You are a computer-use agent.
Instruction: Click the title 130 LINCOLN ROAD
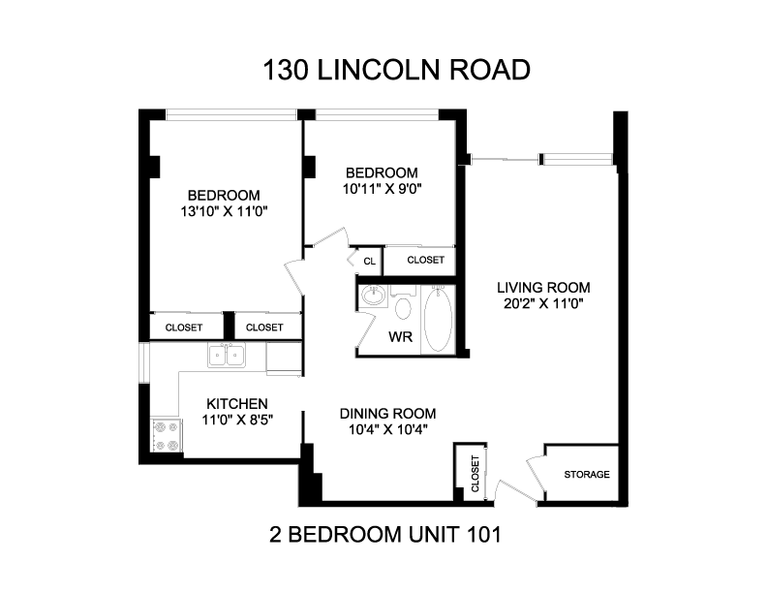tap(397, 70)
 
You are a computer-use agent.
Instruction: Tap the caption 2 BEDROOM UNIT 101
tap(385, 534)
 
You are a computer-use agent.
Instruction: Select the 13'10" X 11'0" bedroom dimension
tap(224, 211)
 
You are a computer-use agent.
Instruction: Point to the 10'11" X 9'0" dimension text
tap(382, 189)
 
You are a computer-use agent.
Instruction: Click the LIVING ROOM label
tap(543, 287)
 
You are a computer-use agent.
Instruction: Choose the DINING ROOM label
tap(388, 414)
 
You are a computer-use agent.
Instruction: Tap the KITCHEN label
tap(237, 404)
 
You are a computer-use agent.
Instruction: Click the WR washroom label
tap(401, 336)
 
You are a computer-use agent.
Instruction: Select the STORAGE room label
tap(587, 474)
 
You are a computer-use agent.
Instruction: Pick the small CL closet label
tap(369, 262)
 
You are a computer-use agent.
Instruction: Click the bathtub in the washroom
tap(438, 320)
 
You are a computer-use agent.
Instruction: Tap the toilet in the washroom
tap(403, 302)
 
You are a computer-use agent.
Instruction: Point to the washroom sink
tap(374, 296)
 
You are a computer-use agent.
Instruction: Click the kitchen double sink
tap(227, 356)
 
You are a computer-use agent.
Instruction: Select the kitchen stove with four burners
tap(167, 435)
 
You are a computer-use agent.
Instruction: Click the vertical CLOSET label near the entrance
tap(475, 474)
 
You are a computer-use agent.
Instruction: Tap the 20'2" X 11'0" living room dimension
tap(543, 304)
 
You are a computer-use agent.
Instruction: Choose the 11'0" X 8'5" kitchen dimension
tap(237, 420)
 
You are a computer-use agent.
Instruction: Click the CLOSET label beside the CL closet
tap(425, 260)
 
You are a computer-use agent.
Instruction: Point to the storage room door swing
tap(536, 477)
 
